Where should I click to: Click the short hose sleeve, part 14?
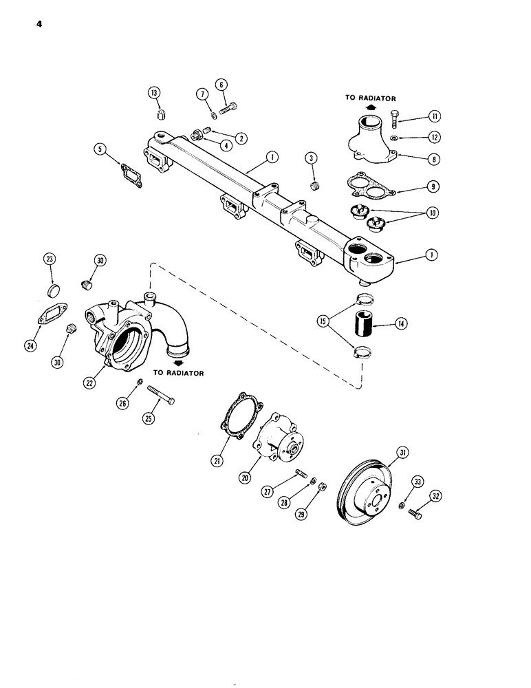coord(363,321)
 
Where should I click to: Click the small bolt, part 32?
coord(415,513)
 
